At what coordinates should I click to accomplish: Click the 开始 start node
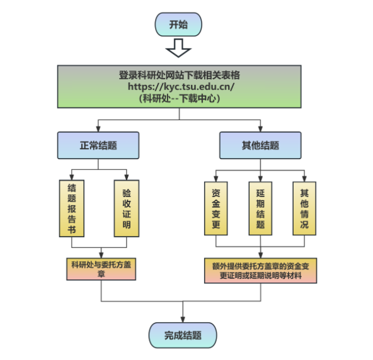178,25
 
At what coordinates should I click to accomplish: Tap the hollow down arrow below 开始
178,48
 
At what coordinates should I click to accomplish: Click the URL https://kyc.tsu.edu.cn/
181,86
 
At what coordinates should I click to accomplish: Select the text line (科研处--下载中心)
180,98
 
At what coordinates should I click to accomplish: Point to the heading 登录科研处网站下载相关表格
180,75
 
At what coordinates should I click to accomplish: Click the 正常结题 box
98,145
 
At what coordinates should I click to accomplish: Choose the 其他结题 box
260,145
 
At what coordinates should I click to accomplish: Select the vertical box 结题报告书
72,208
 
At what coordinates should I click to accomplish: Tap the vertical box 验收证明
127,208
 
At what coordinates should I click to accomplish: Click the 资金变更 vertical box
216,208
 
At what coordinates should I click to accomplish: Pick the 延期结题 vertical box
260,208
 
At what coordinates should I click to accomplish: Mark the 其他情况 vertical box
304,208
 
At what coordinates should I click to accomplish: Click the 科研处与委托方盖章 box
101,269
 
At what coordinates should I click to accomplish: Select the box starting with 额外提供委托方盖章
261,271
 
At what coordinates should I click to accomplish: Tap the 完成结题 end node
183,335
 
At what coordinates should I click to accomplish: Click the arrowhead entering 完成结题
183,320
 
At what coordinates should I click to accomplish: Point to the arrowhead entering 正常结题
98,129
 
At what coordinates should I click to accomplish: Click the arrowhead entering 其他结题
260,129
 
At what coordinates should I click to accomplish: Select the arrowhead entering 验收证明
127,177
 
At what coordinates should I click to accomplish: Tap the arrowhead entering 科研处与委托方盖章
101,255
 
